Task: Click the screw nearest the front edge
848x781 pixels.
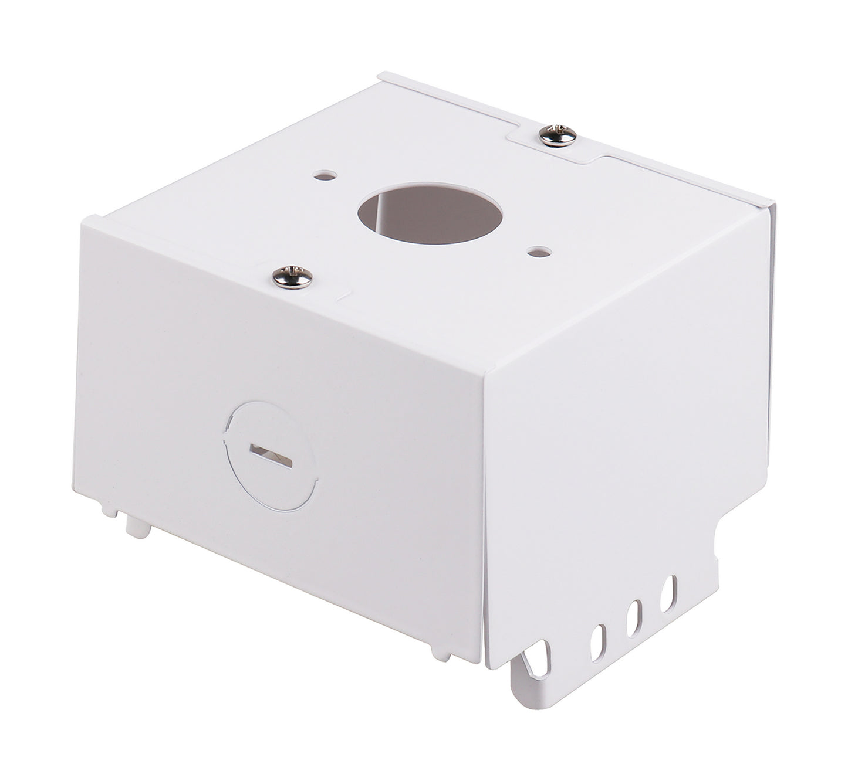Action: click(x=292, y=277)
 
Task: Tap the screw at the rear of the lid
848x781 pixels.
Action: click(x=558, y=135)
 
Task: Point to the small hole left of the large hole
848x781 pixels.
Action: click(x=326, y=175)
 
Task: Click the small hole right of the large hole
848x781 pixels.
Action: click(x=539, y=252)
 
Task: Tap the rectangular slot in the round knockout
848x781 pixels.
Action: click(x=271, y=455)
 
